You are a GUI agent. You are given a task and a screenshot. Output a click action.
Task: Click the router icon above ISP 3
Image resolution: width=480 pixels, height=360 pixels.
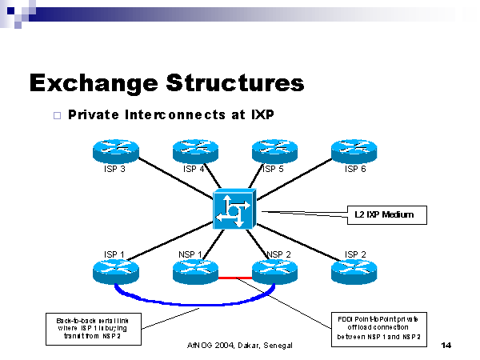[116, 150]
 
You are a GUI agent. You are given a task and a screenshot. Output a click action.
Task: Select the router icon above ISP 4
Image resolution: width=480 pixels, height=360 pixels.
[196, 150]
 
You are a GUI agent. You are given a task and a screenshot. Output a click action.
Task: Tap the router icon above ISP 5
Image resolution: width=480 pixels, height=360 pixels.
[275, 150]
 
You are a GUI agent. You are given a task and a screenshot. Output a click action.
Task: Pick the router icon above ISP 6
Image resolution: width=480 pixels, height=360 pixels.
[355, 150]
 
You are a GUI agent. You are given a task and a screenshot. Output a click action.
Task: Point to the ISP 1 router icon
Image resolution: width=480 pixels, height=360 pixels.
[116, 271]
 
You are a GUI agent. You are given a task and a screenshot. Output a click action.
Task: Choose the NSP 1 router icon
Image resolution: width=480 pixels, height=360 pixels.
[196, 271]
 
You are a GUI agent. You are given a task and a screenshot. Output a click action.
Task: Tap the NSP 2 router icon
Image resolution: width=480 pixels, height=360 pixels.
[275, 271]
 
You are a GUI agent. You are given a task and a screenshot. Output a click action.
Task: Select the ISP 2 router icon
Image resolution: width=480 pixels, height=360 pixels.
[355, 271]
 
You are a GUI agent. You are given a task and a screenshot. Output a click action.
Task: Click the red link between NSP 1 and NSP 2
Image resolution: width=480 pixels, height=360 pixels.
[235, 278]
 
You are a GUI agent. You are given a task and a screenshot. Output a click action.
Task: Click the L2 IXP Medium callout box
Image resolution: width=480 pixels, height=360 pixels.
[384, 214]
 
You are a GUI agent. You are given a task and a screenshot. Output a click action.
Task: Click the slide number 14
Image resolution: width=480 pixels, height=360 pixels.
[446, 346]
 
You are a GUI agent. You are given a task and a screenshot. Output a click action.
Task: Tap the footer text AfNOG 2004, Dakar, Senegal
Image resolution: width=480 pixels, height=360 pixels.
[241, 346]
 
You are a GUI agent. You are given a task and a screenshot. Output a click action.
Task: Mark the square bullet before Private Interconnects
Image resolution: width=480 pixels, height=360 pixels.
[56, 115]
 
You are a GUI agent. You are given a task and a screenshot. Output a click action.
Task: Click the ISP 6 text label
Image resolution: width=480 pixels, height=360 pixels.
[355, 169]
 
